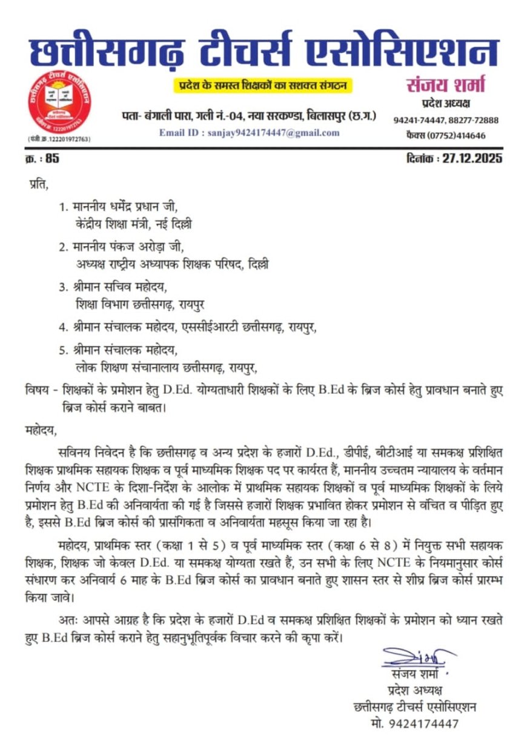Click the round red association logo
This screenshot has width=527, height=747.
[x=59, y=105]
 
